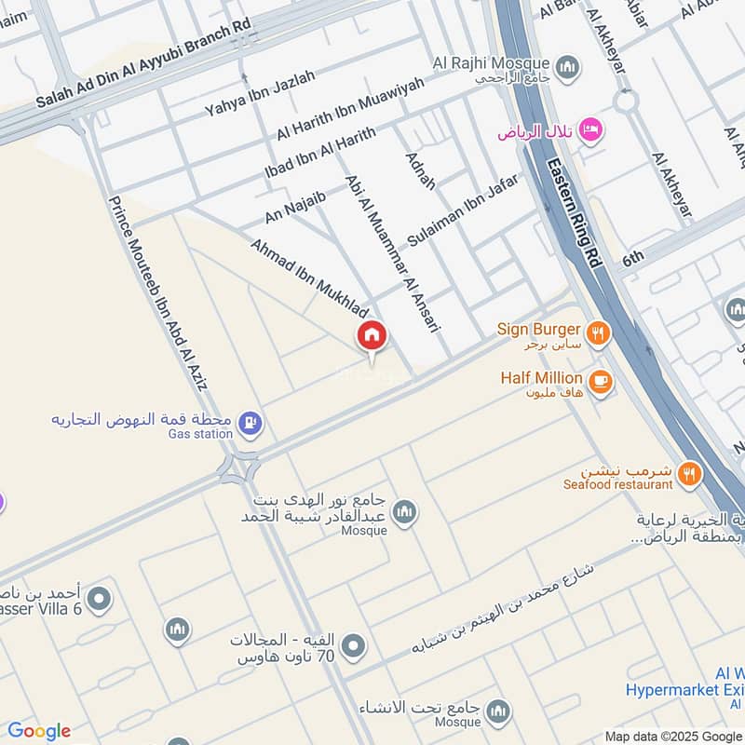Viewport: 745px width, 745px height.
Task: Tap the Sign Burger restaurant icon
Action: pos(597,331)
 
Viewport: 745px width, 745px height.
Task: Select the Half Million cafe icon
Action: pos(601,381)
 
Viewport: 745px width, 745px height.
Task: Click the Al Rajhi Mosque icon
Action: pos(567,67)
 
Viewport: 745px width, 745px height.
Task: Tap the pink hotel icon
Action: pos(589,129)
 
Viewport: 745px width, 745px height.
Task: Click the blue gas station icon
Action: pos(250,424)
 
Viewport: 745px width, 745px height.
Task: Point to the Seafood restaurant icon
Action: pos(689,473)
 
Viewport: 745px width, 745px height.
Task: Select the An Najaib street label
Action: pos(295,206)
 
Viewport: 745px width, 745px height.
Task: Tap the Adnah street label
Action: pos(420,169)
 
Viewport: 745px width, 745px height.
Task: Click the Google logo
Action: pos(39,731)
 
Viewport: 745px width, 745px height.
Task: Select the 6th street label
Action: pos(633,258)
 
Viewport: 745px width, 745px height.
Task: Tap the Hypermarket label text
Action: pos(685,690)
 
